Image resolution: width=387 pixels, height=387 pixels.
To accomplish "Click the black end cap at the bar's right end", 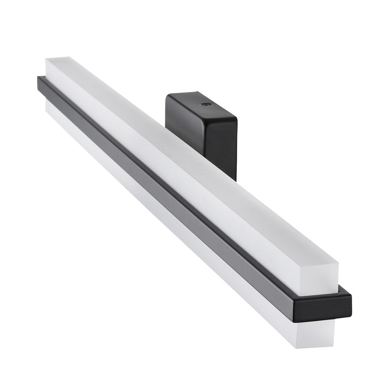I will [322, 306].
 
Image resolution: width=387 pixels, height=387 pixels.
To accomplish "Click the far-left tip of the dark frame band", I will [38, 79].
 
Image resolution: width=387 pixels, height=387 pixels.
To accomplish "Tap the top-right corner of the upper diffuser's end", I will [338, 263].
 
